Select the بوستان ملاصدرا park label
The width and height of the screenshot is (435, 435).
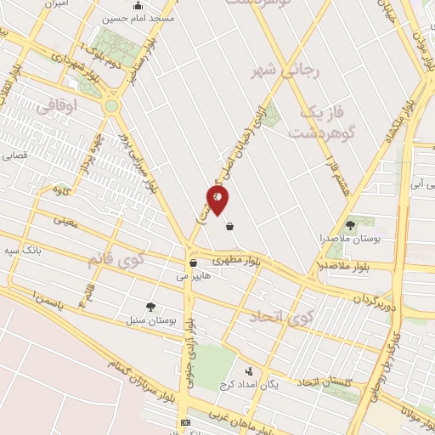click(352, 240)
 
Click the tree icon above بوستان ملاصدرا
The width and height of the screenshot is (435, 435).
click(351, 225)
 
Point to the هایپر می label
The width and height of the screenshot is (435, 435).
click(193, 276)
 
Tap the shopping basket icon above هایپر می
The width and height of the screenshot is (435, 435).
click(194, 263)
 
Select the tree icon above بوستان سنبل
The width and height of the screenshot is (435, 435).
click(150, 307)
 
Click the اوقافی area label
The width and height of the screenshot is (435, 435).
click(58, 105)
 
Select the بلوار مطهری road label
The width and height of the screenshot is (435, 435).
click(233, 258)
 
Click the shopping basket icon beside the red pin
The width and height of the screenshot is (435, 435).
click(230, 226)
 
